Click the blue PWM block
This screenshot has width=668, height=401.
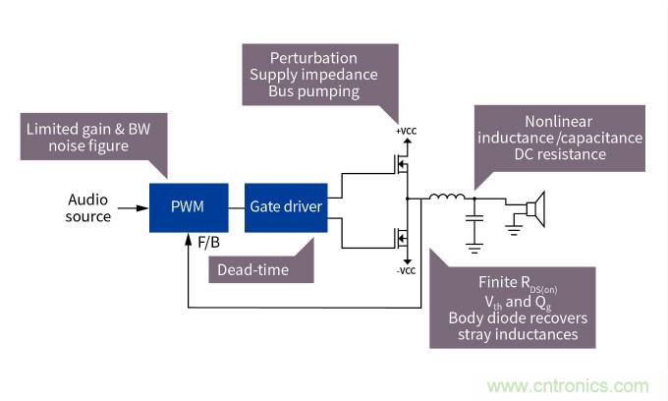click(x=189, y=207)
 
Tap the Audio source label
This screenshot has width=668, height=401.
click(x=88, y=207)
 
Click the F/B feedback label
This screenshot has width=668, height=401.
click(x=208, y=241)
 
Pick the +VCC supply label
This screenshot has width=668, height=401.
click(x=406, y=132)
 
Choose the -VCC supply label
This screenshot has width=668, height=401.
click(x=405, y=271)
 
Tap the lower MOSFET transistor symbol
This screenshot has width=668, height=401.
click(x=399, y=239)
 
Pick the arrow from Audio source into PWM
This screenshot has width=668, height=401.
click(x=134, y=207)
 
